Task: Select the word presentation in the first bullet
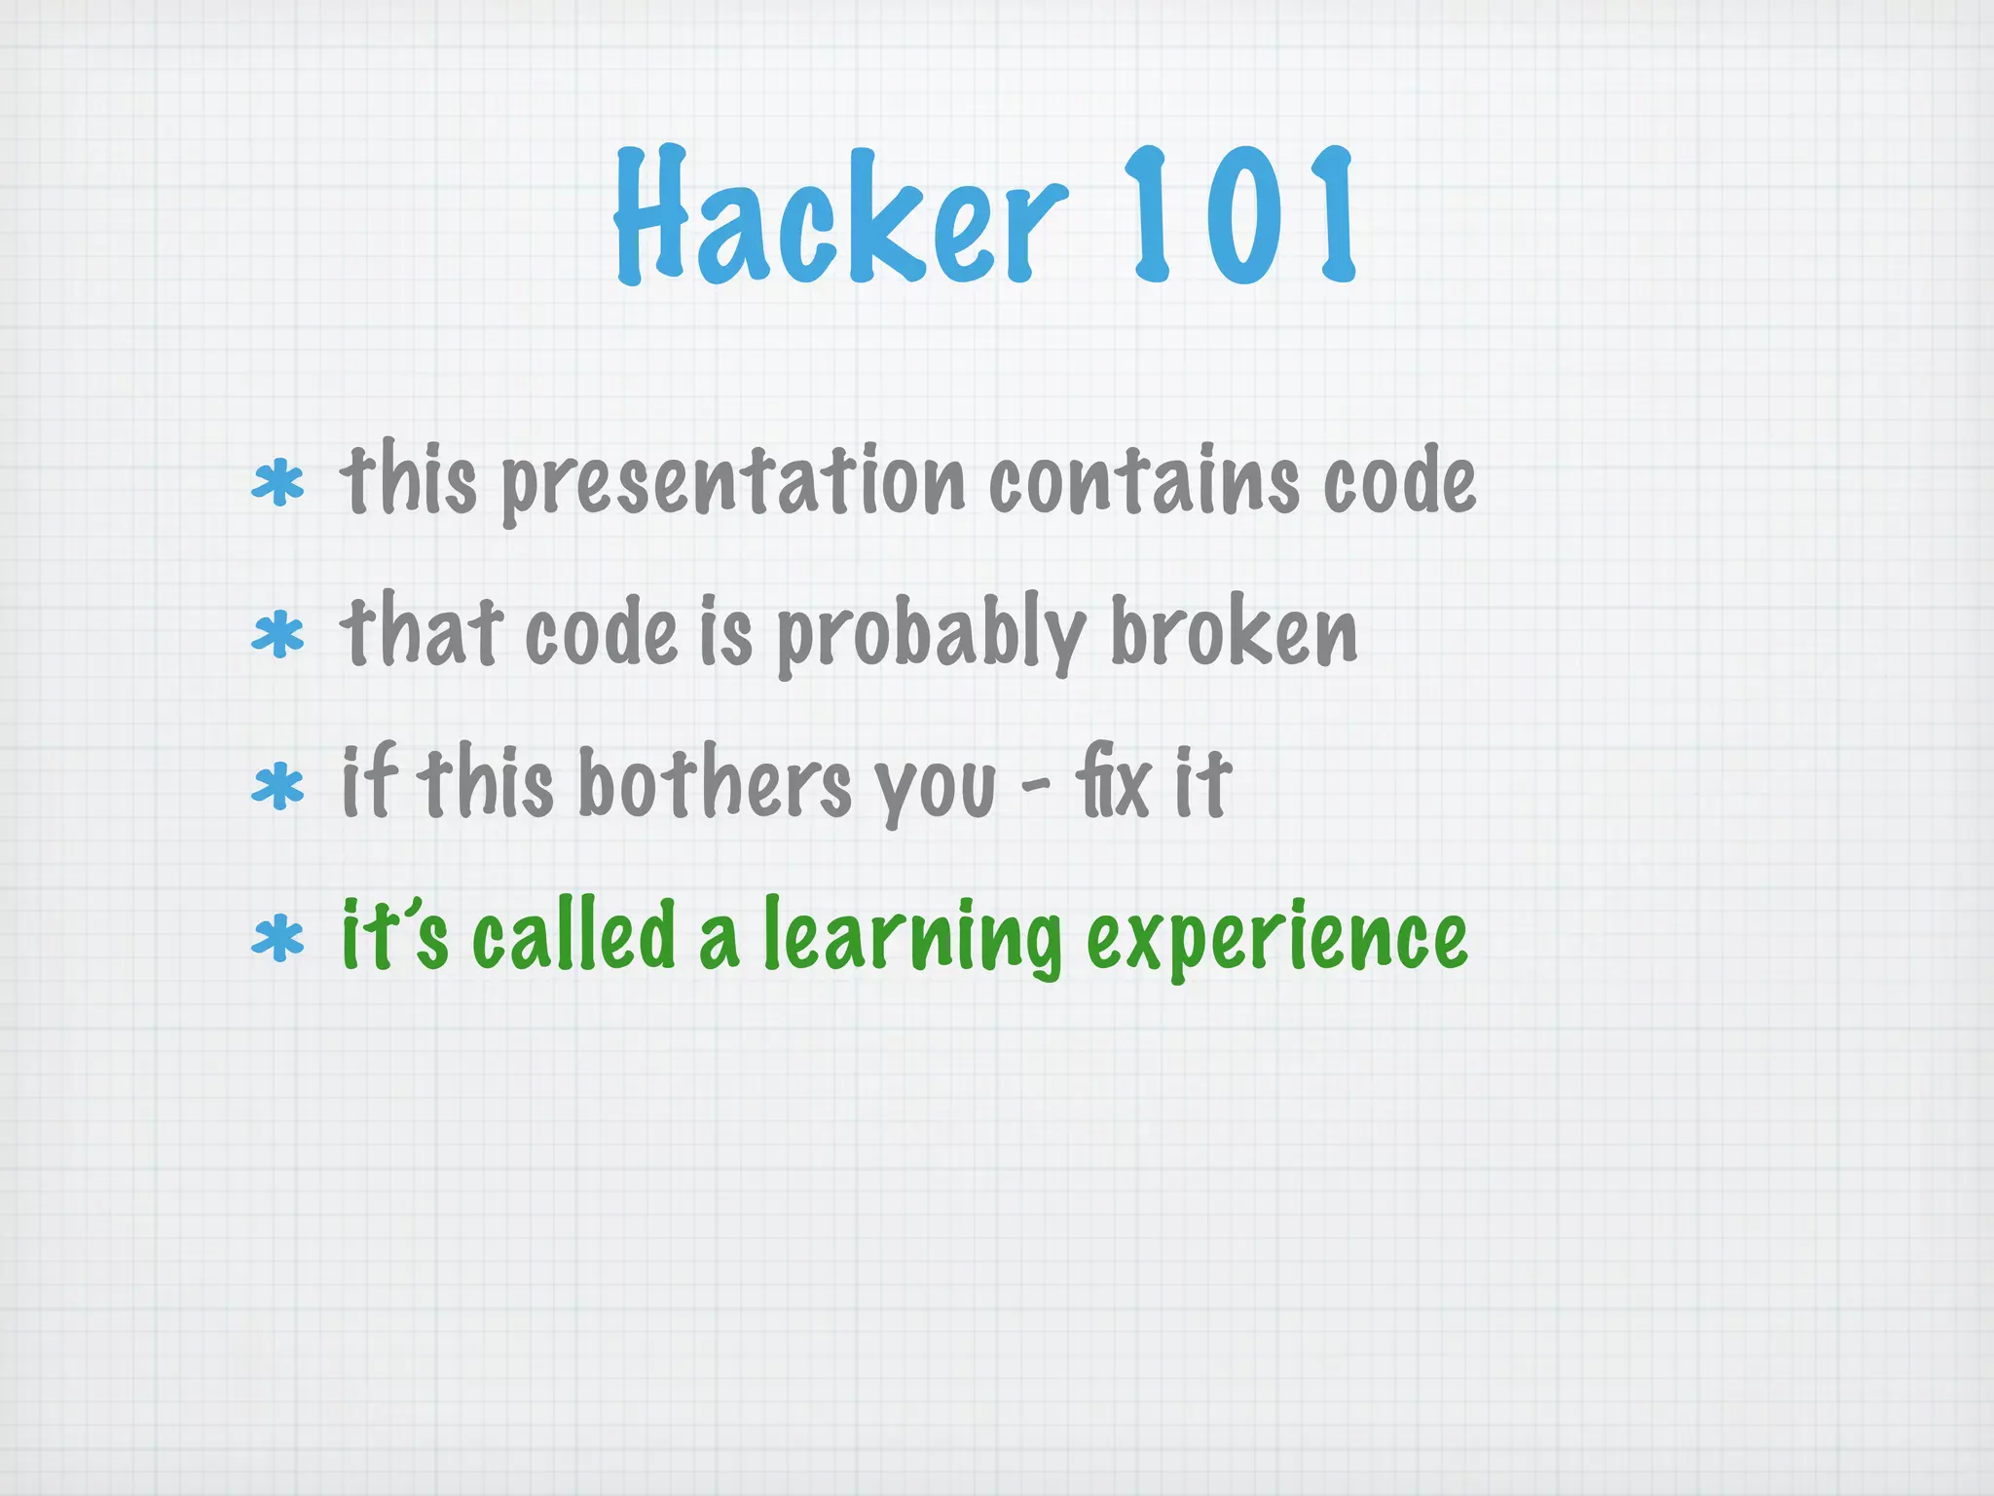point(732,482)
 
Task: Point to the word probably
point(930,634)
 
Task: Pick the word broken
point(1233,632)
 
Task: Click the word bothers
point(715,784)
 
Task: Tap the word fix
point(1111,784)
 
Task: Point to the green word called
point(573,934)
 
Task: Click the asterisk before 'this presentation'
point(277,484)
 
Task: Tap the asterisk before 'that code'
point(277,635)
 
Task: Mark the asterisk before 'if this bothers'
point(277,787)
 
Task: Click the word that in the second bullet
point(421,632)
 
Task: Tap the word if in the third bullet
point(369,782)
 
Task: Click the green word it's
point(394,936)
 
